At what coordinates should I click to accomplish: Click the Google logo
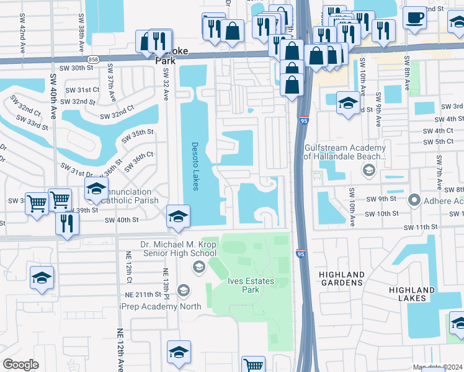tap(20, 365)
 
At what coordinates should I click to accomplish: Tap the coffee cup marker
tap(414, 18)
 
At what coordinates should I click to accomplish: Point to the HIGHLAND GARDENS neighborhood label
tap(341, 278)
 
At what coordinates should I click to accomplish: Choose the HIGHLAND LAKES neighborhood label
tap(412, 294)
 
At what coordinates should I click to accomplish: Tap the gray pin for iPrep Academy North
tap(183, 290)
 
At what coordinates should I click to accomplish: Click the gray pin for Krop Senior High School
tap(199, 267)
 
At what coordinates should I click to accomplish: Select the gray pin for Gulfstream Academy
tap(368, 170)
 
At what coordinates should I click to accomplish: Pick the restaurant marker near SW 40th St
tap(67, 223)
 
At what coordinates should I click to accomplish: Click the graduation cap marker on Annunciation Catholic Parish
tap(96, 189)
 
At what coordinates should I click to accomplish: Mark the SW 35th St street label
tap(137, 136)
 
